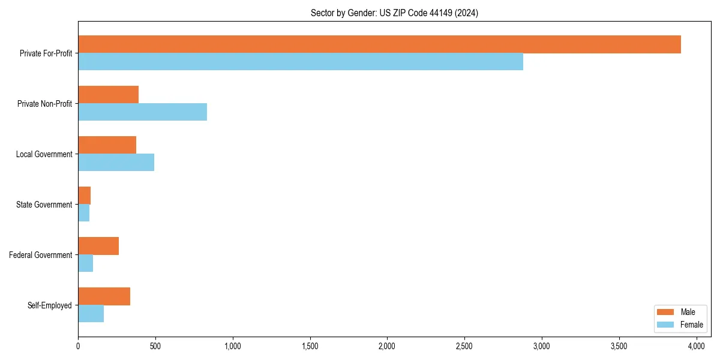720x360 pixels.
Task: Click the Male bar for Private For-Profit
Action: tap(379, 44)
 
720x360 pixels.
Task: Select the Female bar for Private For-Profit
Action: tap(301, 62)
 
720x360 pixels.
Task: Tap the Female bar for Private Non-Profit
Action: tap(142, 112)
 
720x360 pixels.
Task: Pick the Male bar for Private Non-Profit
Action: tap(108, 95)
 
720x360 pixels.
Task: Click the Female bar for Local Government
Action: tap(116, 163)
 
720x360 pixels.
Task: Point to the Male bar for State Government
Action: tap(85, 196)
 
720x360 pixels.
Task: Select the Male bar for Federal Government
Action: tap(98, 246)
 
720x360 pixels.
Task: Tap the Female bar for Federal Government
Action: tap(86, 263)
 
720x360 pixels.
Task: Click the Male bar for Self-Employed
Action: tap(104, 296)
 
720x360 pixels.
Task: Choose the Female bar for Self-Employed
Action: tap(91, 314)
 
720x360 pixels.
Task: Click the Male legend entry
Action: tap(679, 312)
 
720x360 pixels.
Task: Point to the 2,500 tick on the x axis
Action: tap(464, 346)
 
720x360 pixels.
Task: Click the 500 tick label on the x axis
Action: tap(155, 346)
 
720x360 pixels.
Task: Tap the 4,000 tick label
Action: tap(696, 346)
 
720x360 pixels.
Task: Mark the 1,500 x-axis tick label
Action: tap(310, 346)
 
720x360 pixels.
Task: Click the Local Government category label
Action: tap(44, 154)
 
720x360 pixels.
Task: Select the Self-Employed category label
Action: tap(49, 305)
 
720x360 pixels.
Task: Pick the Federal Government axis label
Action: tap(41, 255)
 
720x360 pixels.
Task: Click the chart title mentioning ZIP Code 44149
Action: tap(394, 13)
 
